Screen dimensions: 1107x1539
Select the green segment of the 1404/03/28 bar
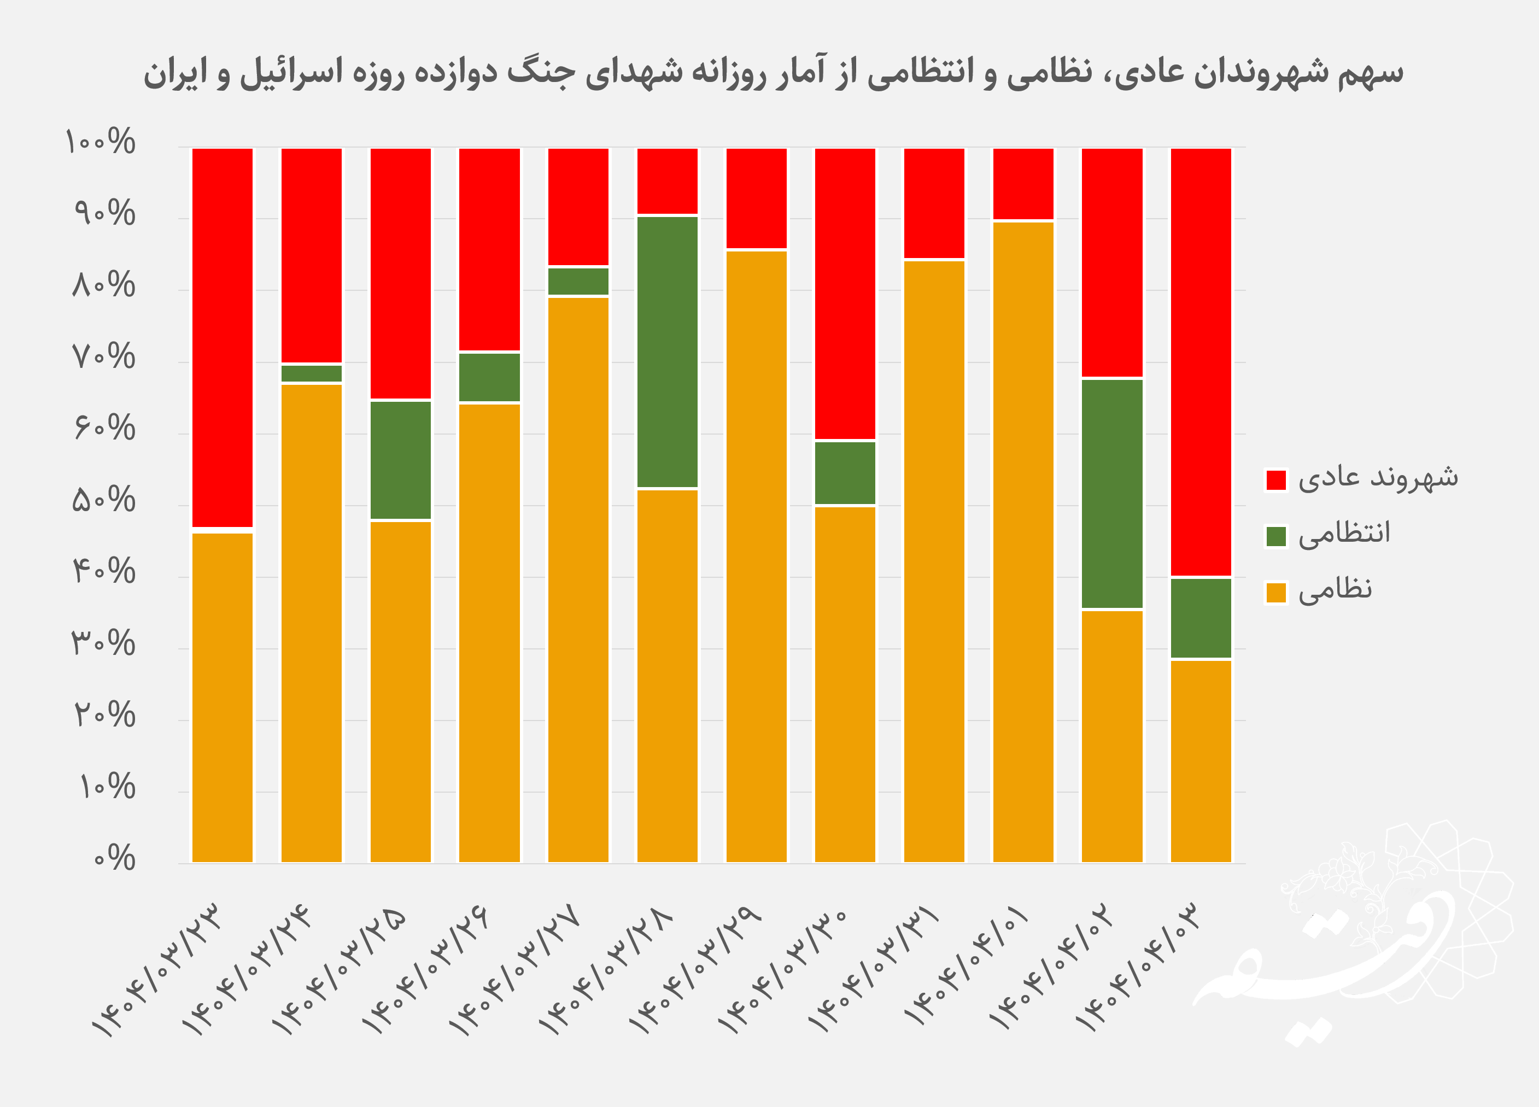[666, 352]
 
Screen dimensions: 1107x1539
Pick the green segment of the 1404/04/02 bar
[1111, 493]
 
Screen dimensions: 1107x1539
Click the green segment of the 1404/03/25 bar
[400, 460]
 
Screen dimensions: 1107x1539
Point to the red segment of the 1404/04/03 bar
[1201, 361]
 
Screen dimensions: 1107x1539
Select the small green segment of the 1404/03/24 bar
[312, 373]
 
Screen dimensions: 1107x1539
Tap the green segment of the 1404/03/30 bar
[845, 473]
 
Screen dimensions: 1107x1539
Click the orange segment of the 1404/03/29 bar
[756, 556]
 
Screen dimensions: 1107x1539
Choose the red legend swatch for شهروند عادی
[1275, 479]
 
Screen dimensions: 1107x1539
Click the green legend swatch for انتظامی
[1275, 536]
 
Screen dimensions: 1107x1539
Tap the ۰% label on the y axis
[115, 859]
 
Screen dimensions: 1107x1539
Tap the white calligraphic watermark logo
[1350, 943]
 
